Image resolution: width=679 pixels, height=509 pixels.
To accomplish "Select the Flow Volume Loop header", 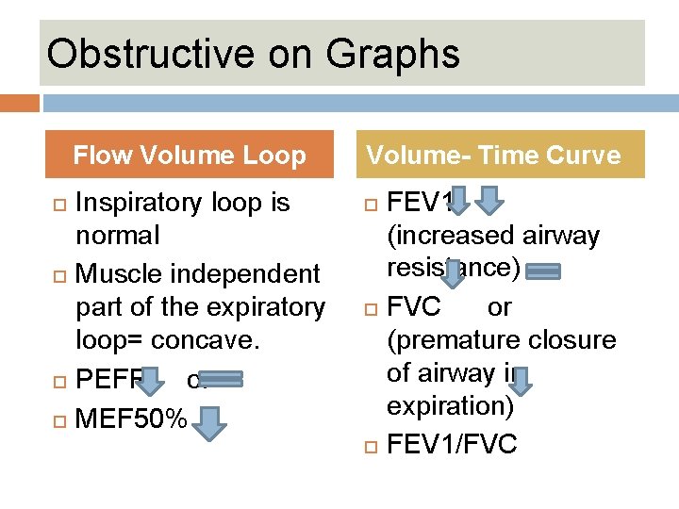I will (190, 155).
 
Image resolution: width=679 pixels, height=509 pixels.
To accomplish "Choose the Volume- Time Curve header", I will (493, 155).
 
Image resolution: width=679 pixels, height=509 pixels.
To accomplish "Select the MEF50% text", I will (130, 417).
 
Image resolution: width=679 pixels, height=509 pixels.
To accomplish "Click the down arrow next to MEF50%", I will (211, 422).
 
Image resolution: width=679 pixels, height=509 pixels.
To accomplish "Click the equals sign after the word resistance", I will (543, 271).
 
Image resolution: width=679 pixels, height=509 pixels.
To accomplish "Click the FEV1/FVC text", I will (452, 444).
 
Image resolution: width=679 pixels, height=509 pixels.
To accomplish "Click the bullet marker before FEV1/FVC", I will (372, 445).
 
